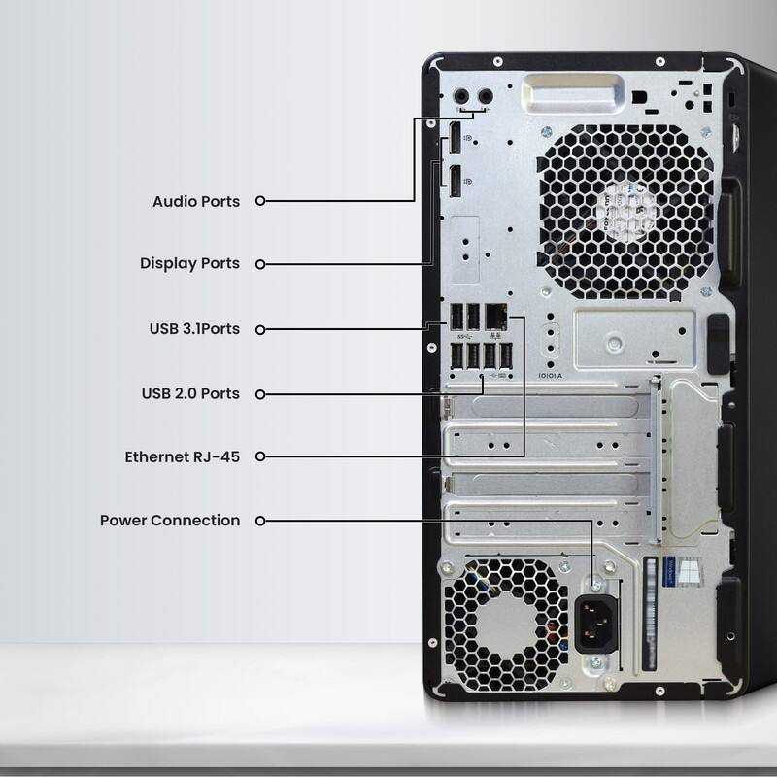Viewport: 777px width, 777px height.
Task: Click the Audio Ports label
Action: point(195,201)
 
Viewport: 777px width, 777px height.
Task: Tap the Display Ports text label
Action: point(189,263)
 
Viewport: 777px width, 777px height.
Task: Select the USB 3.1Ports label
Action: point(193,329)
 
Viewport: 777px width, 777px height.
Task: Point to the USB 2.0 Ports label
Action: point(190,393)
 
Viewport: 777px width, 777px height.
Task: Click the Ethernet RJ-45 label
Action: point(182,456)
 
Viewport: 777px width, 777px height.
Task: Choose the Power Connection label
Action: point(170,521)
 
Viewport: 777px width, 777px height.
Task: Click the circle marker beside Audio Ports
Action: point(260,201)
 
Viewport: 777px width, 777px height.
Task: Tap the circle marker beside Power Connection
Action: point(260,521)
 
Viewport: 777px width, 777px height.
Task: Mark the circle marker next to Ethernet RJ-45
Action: point(260,456)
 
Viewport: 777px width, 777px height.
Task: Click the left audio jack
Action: point(462,96)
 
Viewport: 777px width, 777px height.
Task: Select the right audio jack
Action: point(482,96)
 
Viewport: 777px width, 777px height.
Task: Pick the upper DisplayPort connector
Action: point(454,141)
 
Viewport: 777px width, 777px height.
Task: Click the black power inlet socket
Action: point(596,622)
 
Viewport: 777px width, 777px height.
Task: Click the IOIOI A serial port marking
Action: point(551,375)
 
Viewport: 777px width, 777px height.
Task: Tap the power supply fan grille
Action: point(505,622)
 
